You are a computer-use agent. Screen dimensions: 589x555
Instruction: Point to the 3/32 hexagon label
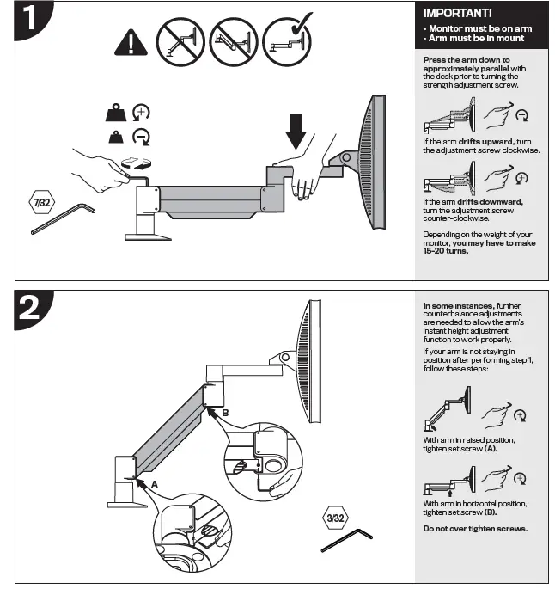[335, 518]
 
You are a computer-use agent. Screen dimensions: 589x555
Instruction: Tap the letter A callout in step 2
[155, 484]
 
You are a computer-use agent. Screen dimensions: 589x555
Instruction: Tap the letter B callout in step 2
[224, 414]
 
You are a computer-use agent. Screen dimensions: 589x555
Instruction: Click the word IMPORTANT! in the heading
[457, 15]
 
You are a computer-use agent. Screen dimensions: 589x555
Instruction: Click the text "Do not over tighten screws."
[475, 528]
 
